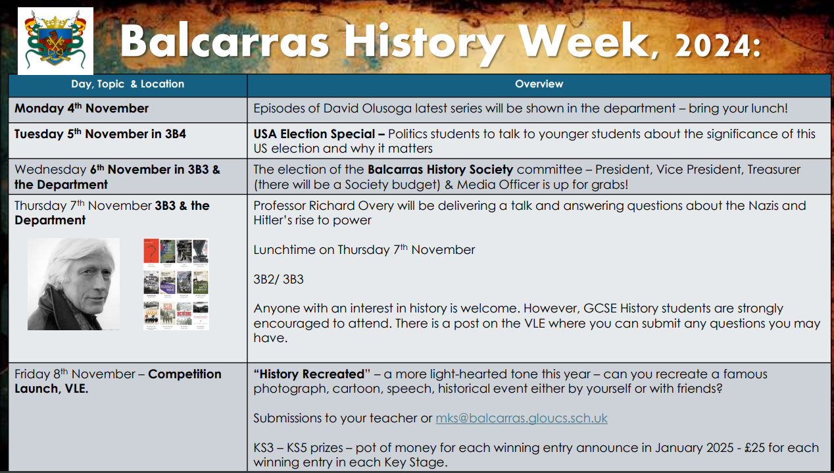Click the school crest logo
[x=55, y=41]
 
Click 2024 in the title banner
[x=712, y=46]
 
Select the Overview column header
[x=539, y=84]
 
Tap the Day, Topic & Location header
[x=128, y=84]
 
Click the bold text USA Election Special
[x=314, y=134]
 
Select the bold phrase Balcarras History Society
[x=441, y=170]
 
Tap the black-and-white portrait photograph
[x=74, y=284]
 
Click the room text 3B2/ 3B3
[x=278, y=280]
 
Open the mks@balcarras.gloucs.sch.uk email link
[x=521, y=418]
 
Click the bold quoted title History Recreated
[x=312, y=374]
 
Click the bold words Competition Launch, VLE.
[x=118, y=382]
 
